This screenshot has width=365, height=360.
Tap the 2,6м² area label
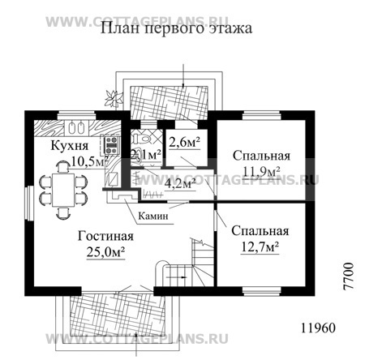tap(185, 146)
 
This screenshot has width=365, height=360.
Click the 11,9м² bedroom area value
tap(261, 171)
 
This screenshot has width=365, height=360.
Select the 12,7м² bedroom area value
tap(261, 246)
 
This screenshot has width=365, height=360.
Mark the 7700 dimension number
tap(349, 275)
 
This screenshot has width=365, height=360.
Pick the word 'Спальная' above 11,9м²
tap(261, 155)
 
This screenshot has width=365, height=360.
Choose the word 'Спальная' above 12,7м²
tap(261, 229)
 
